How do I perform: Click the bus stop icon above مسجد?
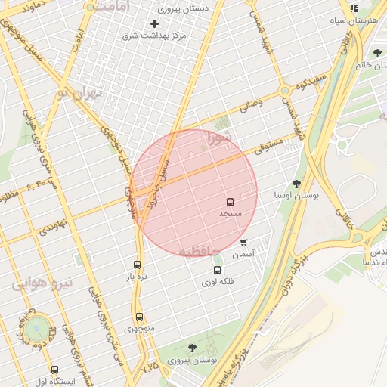point(230,202)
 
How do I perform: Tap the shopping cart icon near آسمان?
point(243,243)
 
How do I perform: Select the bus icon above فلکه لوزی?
point(218,270)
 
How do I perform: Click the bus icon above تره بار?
point(137,265)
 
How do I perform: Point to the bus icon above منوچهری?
point(139,317)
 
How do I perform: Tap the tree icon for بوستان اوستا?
point(296,184)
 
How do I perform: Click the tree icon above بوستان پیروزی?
point(191,348)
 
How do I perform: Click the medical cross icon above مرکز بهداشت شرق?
point(155,23)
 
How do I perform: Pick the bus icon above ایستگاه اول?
point(54,370)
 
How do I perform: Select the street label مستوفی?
point(269,144)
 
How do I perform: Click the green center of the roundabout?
point(36,329)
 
